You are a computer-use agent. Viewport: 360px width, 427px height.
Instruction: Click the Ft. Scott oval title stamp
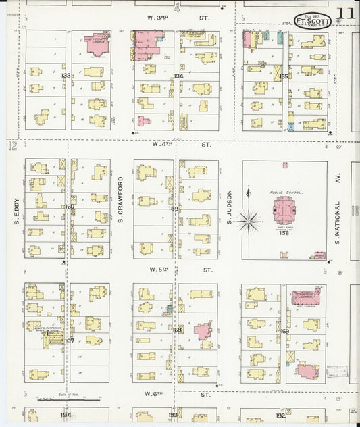(313, 19)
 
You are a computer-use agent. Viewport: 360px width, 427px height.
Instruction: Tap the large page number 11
(347, 14)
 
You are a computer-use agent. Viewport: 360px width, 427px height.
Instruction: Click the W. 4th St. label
(182, 144)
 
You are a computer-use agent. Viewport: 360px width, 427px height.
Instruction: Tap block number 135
(284, 77)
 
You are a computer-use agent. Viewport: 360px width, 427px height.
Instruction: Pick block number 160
(69, 207)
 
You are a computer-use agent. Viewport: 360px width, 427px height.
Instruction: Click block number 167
(68, 341)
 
